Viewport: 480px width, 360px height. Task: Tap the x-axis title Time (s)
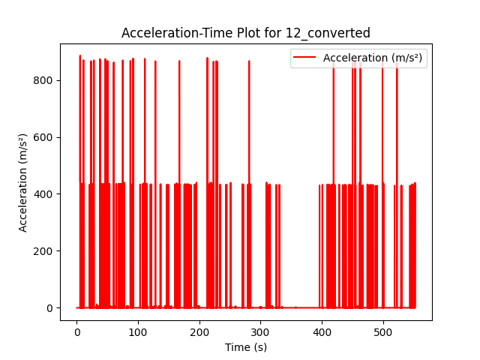246,347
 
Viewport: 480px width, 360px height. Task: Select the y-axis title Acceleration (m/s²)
22,182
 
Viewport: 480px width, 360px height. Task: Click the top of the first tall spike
80,56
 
